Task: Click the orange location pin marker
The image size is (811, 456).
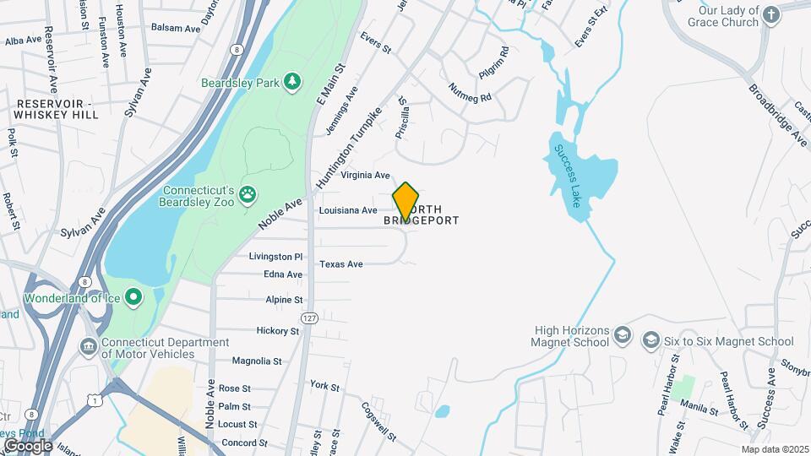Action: (x=405, y=202)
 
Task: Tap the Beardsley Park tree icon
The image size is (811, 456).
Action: (x=292, y=81)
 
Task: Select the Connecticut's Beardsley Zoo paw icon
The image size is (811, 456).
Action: (x=248, y=195)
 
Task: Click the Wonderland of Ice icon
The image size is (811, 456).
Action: (x=133, y=297)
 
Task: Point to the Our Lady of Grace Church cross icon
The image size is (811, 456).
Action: (x=771, y=14)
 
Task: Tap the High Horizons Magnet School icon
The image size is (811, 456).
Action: (x=622, y=334)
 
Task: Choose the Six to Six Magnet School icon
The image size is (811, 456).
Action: (x=650, y=340)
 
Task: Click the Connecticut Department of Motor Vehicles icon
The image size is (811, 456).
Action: (x=88, y=347)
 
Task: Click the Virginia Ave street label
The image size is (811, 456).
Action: (x=365, y=176)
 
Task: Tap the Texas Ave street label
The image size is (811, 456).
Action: (x=341, y=264)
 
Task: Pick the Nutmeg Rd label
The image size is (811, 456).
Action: (x=470, y=93)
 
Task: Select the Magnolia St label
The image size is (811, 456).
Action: (x=256, y=361)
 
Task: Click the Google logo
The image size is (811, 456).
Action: (x=28, y=445)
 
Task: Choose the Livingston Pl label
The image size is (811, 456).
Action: (x=275, y=256)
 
